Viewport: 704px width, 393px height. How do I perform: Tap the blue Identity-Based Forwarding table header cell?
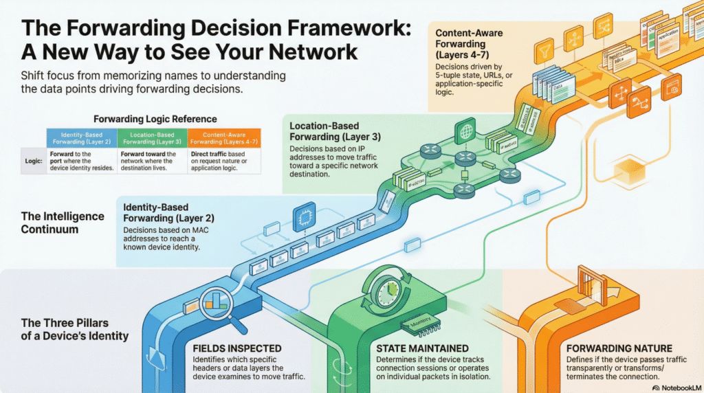tap(82, 137)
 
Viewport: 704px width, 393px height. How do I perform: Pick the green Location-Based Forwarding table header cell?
tap(151, 137)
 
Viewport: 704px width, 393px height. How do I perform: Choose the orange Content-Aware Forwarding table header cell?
tap(221, 137)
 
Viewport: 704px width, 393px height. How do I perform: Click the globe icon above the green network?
tap(467, 131)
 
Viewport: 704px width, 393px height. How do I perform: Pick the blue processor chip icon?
tap(303, 218)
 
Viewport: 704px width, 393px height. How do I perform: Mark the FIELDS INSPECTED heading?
tap(236, 348)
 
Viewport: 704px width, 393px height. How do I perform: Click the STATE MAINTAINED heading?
tap(421, 348)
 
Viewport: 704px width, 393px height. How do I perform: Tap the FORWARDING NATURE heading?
tap(616, 348)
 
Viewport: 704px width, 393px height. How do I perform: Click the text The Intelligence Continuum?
tap(63, 222)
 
